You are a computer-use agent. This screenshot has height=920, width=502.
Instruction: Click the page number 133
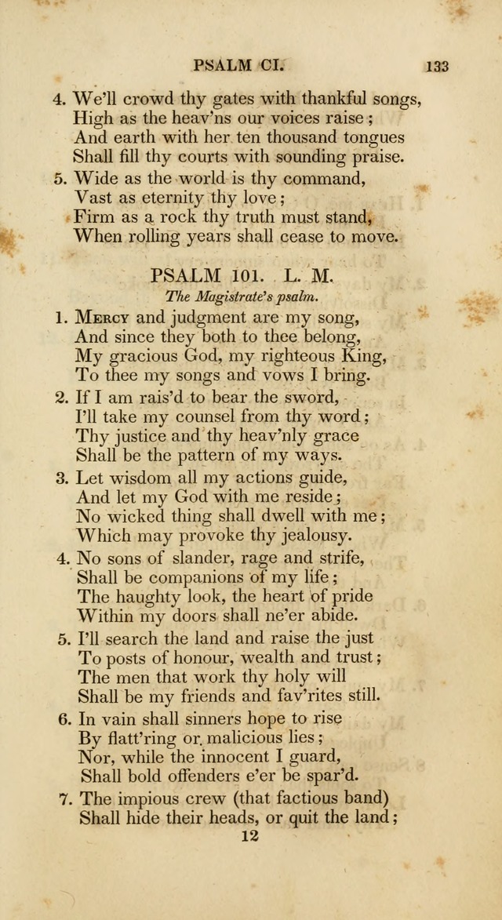click(437, 66)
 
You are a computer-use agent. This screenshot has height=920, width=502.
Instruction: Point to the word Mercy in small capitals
click(103, 318)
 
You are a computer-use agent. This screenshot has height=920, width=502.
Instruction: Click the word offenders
click(204, 776)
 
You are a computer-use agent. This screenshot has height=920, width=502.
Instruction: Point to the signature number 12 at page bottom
click(249, 836)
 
